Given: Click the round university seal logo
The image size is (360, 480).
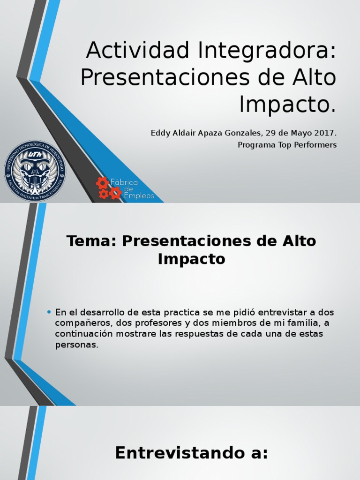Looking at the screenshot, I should click(35, 171).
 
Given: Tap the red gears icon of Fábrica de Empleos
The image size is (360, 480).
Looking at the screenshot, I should click(108, 188).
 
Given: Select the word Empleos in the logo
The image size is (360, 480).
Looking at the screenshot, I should click(139, 196).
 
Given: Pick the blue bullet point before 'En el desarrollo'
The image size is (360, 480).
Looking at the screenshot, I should click(49, 312).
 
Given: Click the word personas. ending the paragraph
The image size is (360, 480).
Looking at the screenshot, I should click(77, 345).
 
